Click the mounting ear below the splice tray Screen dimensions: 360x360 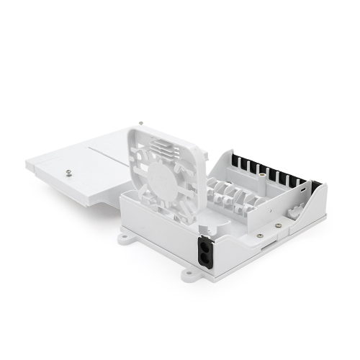pyautogui.click(x=128, y=236)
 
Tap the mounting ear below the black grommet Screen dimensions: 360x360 pyautogui.click(x=188, y=274)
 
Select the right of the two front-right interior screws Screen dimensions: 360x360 pyautogui.click(x=277, y=225)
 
